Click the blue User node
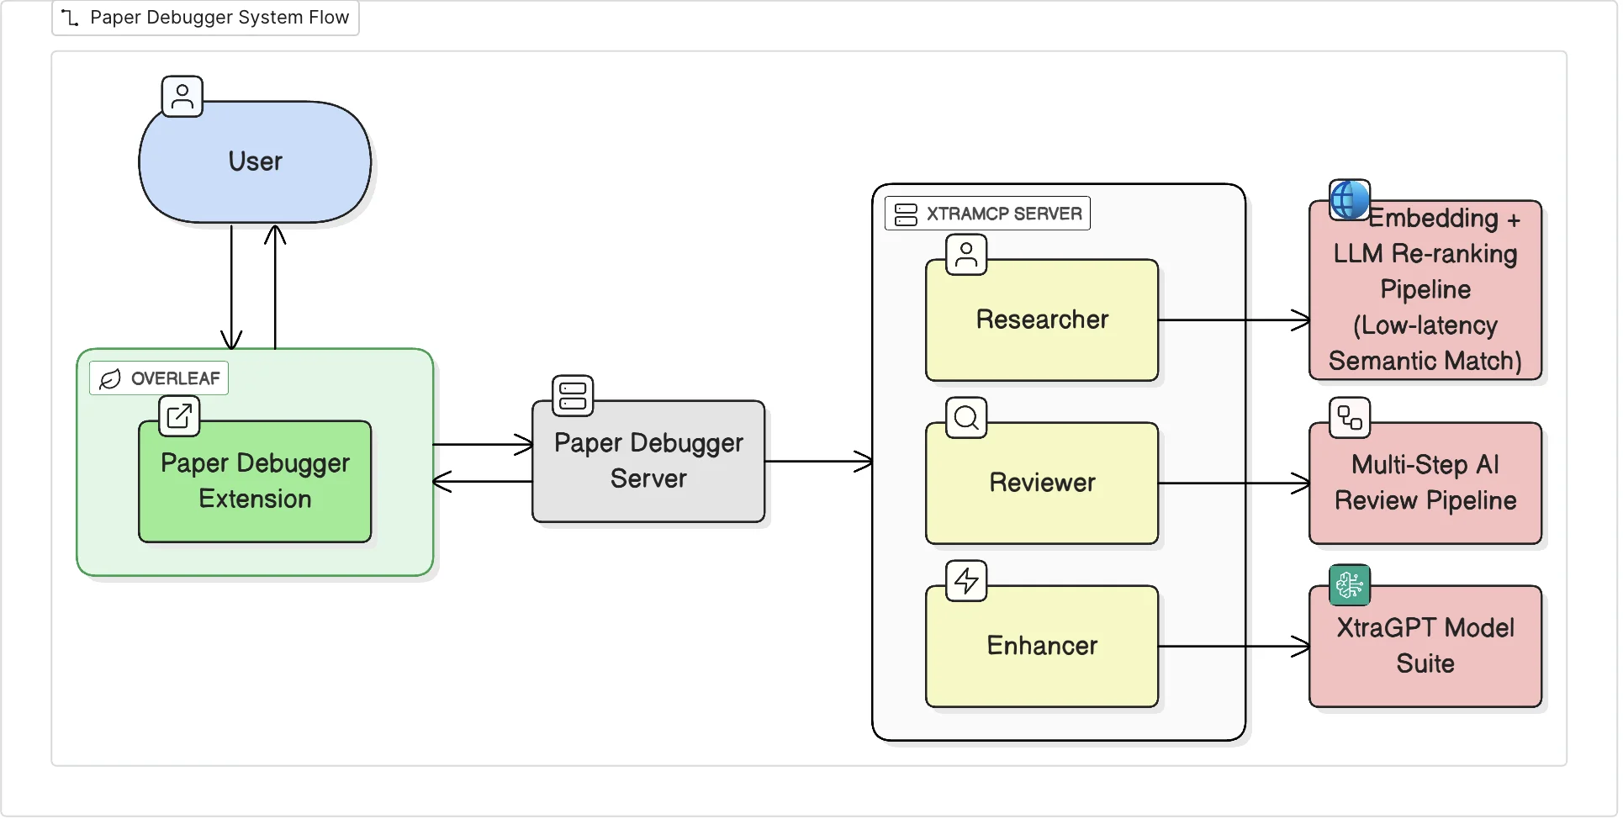[x=255, y=162]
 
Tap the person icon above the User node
[x=182, y=97]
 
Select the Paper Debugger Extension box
[x=255, y=482]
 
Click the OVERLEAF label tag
[x=159, y=379]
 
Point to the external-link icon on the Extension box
[x=179, y=416]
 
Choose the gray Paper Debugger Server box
[x=648, y=462]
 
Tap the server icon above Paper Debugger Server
[x=573, y=396]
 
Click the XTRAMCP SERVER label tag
[x=988, y=214]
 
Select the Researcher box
[x=1042, y=320]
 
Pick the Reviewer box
[x=1042, y=483]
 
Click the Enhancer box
[x=1042, y=647]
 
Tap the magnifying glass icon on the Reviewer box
[x=966, y=418]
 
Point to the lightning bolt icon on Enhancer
[x=966, y=581]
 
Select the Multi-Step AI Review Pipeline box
[x=1425, y=483]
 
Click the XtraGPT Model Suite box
[x=1425, y=647]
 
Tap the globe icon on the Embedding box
[x=1350, y=200]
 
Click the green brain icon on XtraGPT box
[x=1350, y=585]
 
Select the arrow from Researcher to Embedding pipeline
[x=1234, y=320]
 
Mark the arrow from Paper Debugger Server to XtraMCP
[x=818, y=462]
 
